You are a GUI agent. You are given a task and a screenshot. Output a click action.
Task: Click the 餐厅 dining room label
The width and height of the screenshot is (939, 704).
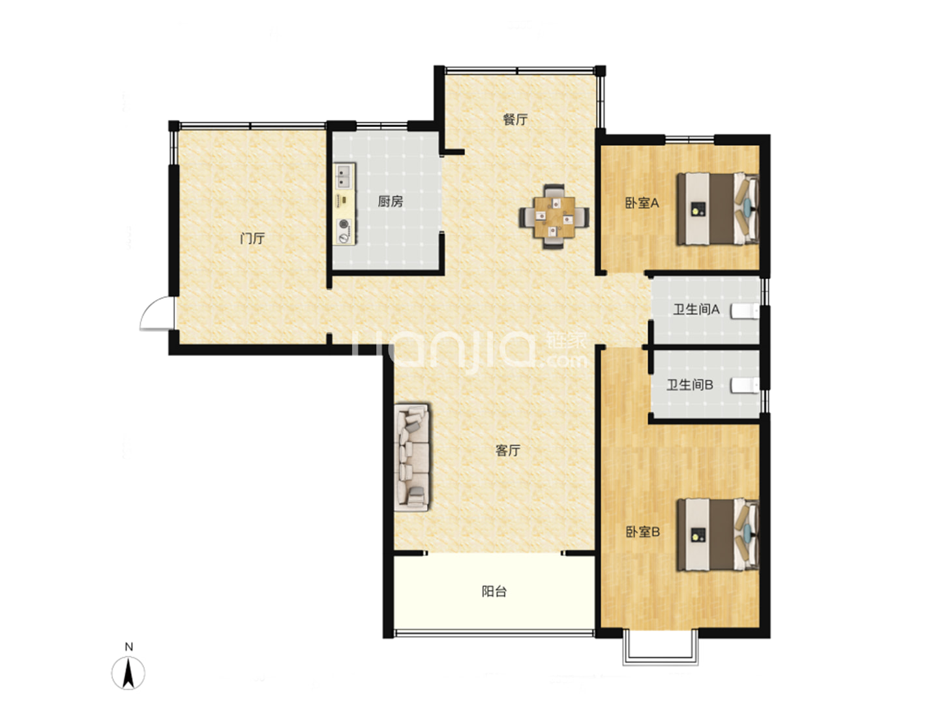click(515, 120)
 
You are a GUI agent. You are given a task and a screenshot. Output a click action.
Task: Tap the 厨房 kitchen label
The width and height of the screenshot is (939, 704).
click(390, 201)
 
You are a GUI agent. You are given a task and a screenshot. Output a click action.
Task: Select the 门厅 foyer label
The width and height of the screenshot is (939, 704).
click(252, 238)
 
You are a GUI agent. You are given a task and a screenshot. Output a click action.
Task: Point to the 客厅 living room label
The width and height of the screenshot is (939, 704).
click(508, 450)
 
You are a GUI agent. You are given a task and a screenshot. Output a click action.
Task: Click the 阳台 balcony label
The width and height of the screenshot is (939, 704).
click(494, 592)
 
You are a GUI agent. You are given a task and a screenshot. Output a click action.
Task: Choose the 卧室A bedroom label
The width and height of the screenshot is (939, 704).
click(642, 203)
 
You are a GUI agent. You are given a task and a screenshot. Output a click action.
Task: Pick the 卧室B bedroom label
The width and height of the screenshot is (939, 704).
click(642, 532)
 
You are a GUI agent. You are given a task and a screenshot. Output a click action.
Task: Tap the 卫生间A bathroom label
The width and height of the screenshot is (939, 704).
click(696, 310)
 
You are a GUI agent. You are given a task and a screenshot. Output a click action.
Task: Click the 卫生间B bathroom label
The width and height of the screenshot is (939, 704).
click(690, 385)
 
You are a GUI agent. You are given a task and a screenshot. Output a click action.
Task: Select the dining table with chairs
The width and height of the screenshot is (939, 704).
click(554, 216)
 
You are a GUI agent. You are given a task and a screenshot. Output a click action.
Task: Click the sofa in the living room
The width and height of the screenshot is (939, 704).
click(411, 458)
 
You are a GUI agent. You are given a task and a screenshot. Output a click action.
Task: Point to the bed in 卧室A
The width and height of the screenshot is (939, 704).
click(717, 209)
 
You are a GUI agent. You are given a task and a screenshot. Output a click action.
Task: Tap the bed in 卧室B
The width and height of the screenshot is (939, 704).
click(717, 535)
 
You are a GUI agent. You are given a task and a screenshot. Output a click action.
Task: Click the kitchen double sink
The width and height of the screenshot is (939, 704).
click(344, 177)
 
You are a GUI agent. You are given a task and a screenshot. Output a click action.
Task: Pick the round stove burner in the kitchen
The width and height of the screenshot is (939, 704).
click(343, 224)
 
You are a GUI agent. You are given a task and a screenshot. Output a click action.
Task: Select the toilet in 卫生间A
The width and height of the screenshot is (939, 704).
click(745, 311)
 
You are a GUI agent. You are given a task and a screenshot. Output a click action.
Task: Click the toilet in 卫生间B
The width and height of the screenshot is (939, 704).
click(745, 385)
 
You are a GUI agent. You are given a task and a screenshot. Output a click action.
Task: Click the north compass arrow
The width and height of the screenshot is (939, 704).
click(128, 673)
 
